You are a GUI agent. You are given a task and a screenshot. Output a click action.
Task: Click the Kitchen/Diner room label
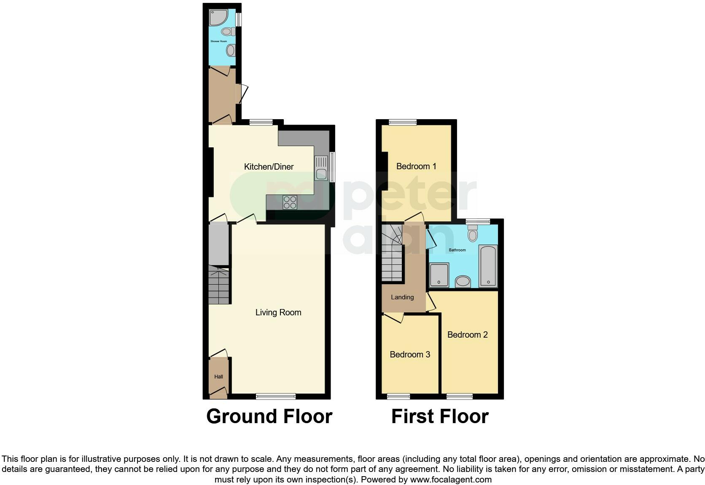[269, 167]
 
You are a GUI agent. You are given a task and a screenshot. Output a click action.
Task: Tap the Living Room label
[278, 312]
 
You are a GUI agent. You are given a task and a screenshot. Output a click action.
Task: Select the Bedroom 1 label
[416, 166]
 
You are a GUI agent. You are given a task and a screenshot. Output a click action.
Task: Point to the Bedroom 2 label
[467, 335]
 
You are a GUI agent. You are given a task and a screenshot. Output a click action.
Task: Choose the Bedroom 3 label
[410, 354]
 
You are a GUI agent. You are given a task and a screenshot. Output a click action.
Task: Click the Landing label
[402, 297]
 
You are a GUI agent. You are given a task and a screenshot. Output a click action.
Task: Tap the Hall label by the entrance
[218, 377]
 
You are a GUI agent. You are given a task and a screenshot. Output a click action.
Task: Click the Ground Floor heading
[269, 416]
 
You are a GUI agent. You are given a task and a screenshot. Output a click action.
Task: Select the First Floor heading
[440, 416]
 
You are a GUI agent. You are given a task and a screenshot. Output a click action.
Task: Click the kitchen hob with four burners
[290, 203]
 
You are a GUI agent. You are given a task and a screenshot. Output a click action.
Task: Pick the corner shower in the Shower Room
[218, 17]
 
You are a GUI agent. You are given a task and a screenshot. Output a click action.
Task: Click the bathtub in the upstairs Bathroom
[488, 266]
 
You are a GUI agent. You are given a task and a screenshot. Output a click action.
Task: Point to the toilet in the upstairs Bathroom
[473, 233]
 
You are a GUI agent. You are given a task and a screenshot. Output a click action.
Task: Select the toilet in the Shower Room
[227, 31]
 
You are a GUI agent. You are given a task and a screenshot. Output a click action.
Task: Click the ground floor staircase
[219, 285]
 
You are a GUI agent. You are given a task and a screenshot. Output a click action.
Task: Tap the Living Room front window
[276, 396]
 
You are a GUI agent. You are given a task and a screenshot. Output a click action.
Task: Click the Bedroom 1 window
[402, 123]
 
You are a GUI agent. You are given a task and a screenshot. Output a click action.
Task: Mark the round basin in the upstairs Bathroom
[463, 281]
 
